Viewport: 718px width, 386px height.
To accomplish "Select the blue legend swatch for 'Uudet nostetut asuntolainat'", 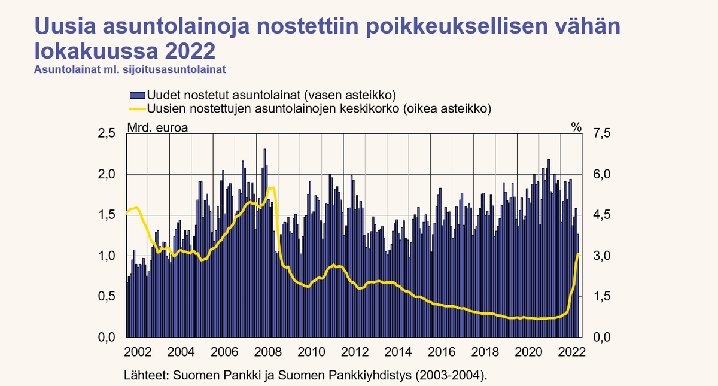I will tap(138, 95).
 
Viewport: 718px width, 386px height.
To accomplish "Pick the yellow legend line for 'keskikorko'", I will tap(138, 108).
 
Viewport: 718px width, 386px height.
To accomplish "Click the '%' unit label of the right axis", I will tap(576, 127).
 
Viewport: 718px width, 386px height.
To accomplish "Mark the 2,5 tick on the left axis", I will tap(106, 133).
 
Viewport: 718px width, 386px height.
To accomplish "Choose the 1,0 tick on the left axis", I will tap(106, 256).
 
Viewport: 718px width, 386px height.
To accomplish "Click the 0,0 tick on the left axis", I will tap(106, 338).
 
